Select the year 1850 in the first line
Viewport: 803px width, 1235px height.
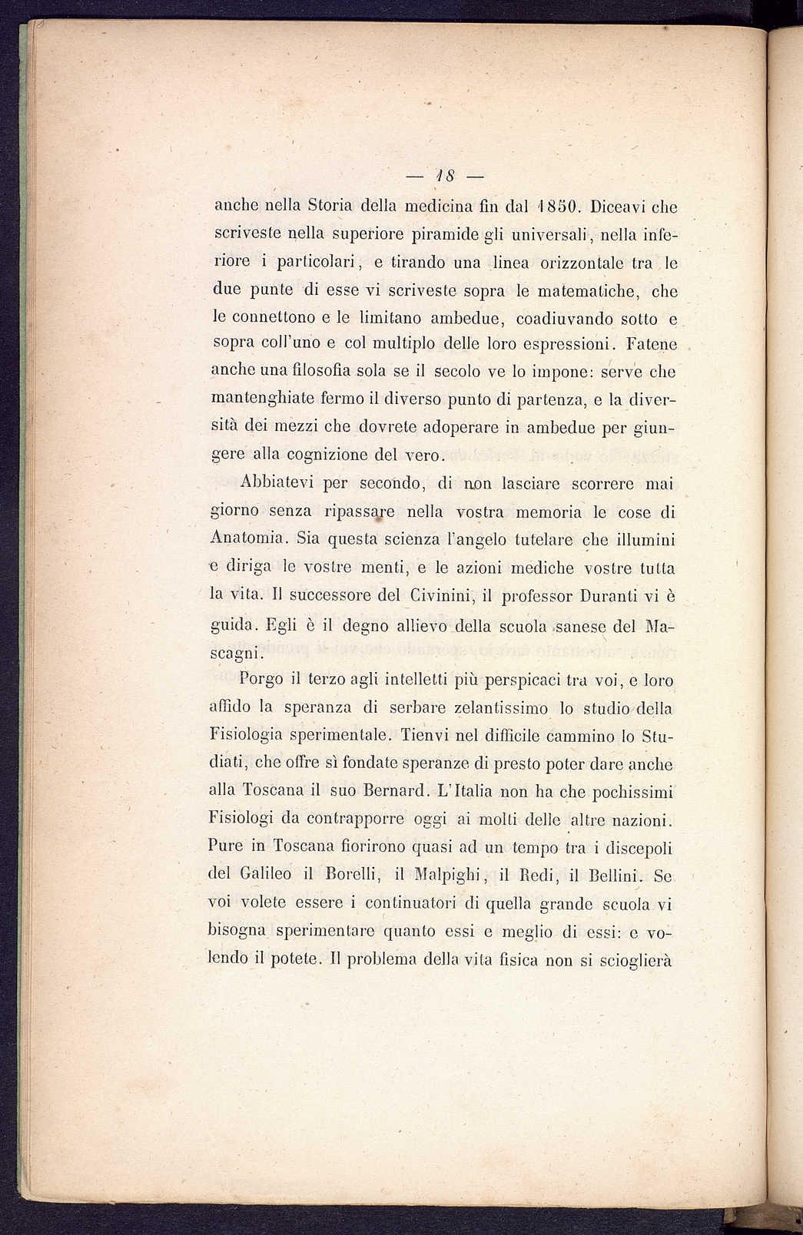(x=553, y=207)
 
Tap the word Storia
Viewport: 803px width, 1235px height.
(x=330, y=207)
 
